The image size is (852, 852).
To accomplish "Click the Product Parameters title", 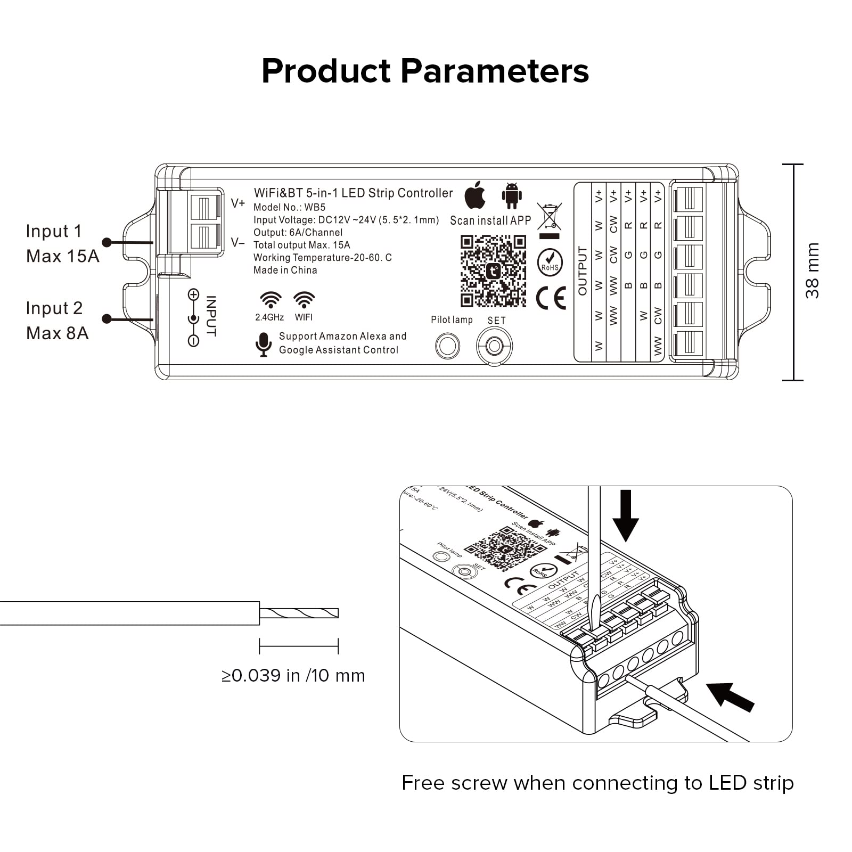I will tap(425, 71).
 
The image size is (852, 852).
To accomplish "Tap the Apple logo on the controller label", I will tap(475, 195).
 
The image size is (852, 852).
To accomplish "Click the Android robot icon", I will tap(512, 195).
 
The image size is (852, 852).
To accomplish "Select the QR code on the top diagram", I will tap(493, 272).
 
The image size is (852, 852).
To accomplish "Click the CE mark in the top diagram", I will tap(551, 298).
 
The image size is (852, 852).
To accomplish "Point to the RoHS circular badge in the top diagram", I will tap(550, 262).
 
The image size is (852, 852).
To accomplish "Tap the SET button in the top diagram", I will tap(494, 347).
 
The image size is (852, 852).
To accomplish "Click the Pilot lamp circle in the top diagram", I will tap(447, 346).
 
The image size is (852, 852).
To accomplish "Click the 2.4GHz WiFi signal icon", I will tap(271, 300).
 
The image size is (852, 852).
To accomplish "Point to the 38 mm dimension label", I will tap(812, 271).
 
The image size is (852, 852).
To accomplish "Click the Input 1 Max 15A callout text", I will tap(62, 244).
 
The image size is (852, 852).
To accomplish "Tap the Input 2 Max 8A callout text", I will tap(57, 321).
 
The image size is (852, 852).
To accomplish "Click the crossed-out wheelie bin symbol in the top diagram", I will tap(549, 217).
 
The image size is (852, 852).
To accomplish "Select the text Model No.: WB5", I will tap(289, 207).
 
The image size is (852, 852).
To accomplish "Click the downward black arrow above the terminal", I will tap(625, 515).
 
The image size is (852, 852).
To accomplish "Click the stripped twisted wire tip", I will tap(299, 613).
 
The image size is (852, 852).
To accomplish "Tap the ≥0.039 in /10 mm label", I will tap(293, 676).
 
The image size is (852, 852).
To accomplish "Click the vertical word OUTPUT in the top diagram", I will tap(582, 271).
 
